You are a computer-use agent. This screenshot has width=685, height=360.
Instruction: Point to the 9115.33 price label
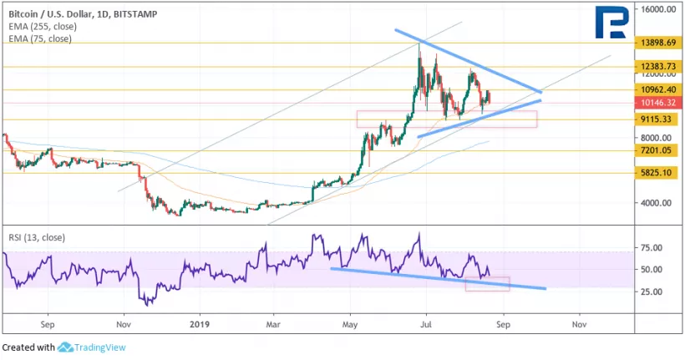click(658, 119)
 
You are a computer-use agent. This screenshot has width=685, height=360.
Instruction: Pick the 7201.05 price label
click(658, 150)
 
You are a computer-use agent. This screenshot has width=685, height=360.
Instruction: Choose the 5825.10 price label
click(658, 173)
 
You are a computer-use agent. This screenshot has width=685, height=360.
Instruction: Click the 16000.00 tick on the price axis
click(658, 10)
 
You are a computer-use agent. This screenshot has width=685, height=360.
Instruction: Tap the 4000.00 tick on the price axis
click(657, 202)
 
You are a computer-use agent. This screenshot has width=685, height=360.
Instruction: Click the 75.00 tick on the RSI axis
click(652, 248)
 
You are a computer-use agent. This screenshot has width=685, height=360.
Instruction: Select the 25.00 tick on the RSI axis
click(652, 292)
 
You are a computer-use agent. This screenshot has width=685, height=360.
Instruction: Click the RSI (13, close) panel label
click(36, 237)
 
